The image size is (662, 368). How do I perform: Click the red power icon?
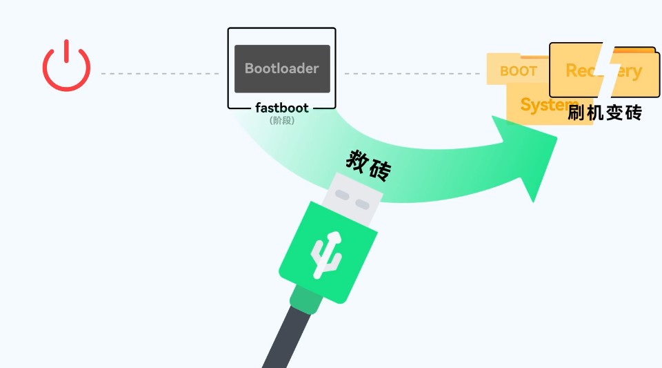66,67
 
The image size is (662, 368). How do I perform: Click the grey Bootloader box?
282,69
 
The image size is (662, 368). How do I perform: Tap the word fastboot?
282,108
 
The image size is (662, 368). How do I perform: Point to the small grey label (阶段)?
282,120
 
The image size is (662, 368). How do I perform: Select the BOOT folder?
518,70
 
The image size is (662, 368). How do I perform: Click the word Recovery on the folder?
603,70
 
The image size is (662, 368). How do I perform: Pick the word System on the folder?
545,105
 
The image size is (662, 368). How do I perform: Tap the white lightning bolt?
605,72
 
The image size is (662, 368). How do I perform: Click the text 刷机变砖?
605,113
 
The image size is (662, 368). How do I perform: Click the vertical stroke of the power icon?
66,53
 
